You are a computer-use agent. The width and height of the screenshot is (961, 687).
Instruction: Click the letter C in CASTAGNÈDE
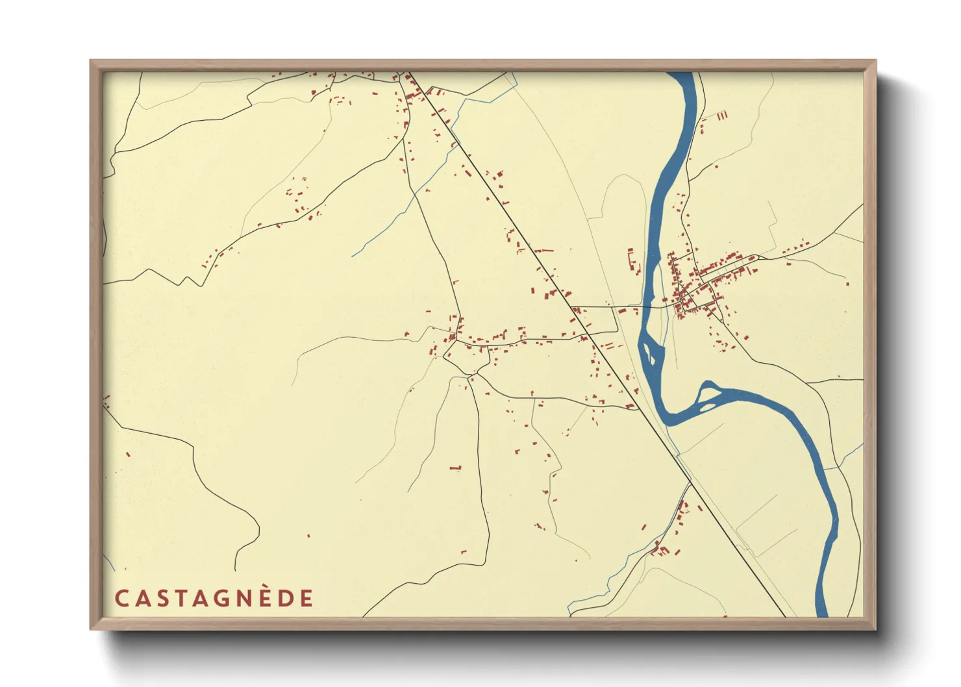click(x=121, y=598)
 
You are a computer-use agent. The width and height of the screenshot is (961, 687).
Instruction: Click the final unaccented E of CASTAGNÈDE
click(x=306, y=598)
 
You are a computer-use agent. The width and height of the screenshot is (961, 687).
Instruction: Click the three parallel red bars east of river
click(x=722, y=116)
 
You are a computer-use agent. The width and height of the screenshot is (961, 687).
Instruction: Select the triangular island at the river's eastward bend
click(x=707, y=394)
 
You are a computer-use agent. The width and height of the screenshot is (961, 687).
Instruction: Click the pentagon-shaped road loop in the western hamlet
click(x=466, y=358)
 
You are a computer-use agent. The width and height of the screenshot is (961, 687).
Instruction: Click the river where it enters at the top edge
click(x=681, y=75)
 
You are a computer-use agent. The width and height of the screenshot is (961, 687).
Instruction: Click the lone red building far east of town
click(x=847, y=283)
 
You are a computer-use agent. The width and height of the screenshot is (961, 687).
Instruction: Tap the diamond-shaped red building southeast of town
click(x=746, y=338)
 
